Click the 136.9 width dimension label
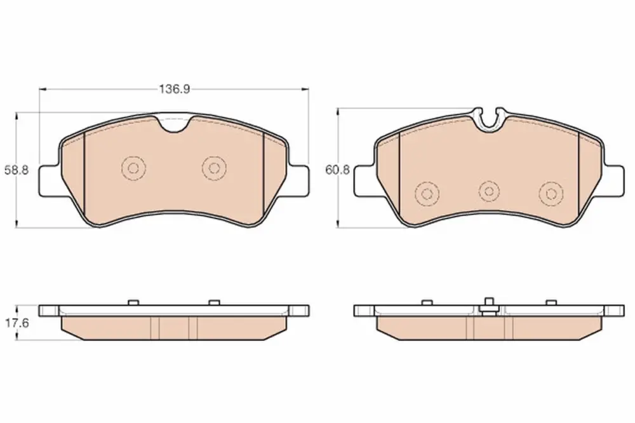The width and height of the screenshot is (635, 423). [x=174, y=89]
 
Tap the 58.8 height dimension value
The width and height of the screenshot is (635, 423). [x=17, y=170]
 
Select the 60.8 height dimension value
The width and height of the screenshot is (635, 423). [x=338, y=170]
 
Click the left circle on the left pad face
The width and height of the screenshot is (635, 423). [x=133, y=168]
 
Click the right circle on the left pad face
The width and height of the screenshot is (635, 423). [x=214, y=168]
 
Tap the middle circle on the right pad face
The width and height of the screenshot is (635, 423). [x=489, y=191]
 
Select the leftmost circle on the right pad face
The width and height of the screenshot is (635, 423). [x=427, y=193]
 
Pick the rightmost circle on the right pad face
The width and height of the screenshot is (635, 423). [x=551, y=193]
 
